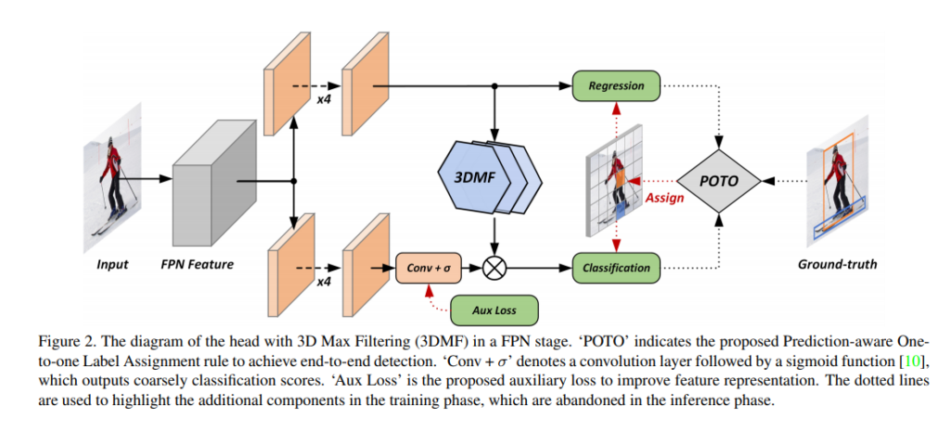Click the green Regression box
coord(616,85)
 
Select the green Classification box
coord(616,268)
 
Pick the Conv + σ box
coord(428,268)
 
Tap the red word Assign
coord(664,197)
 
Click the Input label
coord(112,265)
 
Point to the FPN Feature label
coord(199,265)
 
